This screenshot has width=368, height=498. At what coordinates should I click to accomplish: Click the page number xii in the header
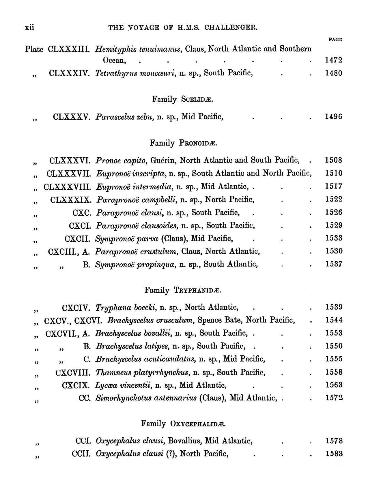(29, 27)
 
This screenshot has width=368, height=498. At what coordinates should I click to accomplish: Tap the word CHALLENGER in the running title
(235, 28)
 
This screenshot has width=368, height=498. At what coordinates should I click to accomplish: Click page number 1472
(334, 60)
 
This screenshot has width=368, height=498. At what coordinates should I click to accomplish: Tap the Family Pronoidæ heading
(183, 143)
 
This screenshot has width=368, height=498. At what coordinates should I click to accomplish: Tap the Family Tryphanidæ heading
(183, 290)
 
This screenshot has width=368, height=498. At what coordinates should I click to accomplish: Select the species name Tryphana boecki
(126, 307)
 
